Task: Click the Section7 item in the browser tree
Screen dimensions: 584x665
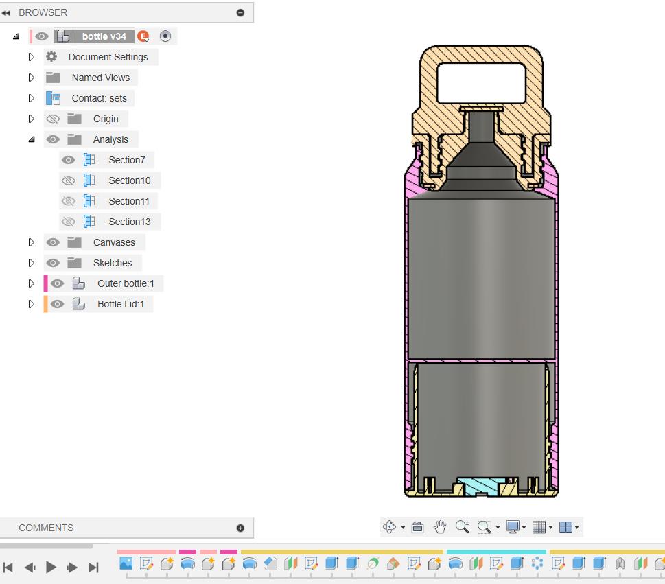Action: pos(126,160)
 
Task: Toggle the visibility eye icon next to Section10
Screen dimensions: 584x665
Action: pos(68,180)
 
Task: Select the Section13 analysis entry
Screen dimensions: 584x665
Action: pos(129,222)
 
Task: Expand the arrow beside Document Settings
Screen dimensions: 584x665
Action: pos(32,57)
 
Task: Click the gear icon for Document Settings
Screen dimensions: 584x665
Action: pos(51,57)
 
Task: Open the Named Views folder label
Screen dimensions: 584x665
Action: pos(100,78)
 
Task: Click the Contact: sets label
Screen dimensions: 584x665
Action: pos(99,98)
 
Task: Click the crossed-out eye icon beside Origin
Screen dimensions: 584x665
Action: pos(53,119)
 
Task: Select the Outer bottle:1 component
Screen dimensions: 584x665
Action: pos(126,283)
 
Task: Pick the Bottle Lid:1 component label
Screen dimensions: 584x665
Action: pos(121,304)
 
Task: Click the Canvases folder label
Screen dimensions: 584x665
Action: pos(114,242)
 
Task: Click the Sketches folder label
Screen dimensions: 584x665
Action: pos(113,263)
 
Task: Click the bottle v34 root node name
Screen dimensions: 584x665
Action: pos(104,36)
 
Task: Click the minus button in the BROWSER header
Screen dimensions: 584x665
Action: pos(240,12)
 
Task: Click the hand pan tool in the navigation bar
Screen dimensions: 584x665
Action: pos(440,527)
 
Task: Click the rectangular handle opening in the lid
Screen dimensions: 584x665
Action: pos(481,83)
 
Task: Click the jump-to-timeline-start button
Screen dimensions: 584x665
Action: pos(8,567)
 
